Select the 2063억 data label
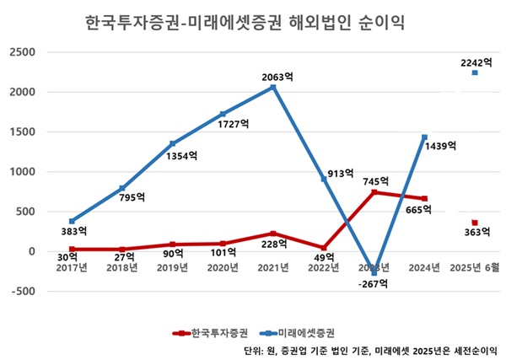(x=277, y=77)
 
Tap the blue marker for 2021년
(x=272, y=87)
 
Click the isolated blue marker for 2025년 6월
(x=475, y=73)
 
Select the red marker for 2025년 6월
(x=475, y=223)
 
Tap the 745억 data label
(x=376, y=180)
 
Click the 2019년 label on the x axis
(x=172, y=267)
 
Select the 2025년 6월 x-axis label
(x=475, y=267)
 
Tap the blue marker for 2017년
(x=71, y=221)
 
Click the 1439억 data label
(x=439, y=146)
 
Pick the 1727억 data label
(x=234, y=124)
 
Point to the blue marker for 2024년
(x=424, y=137)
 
